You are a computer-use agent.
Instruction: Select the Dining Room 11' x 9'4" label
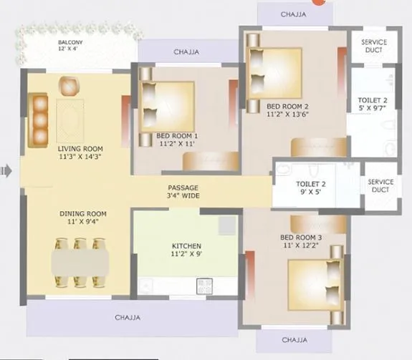pos(82,218)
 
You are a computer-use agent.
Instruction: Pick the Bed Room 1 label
pos(177,139)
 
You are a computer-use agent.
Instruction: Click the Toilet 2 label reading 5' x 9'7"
pos(373,104)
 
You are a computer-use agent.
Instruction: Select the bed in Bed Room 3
pos(315,281)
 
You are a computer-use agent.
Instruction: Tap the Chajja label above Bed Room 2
pos(292,14)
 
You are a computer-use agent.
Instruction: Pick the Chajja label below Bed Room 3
pos(294,340)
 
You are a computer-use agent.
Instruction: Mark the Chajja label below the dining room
pos(128,317)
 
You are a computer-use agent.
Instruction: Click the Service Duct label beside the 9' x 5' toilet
pos(380,186)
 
